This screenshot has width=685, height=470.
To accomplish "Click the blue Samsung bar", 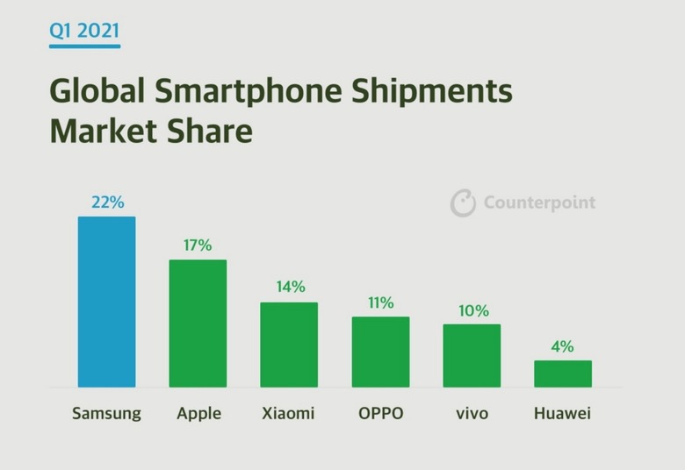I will (106, 302).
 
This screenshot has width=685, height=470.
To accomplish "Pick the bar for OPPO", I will (380, 352).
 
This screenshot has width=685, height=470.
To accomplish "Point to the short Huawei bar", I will (563, 374).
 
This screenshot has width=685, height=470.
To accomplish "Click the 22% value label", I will (107, 203).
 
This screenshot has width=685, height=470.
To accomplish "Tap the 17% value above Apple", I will (198, 246).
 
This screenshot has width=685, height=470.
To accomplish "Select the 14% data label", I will (289, 287).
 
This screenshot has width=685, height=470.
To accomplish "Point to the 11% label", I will (380, 303).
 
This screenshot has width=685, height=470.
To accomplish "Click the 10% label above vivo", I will (472, 310).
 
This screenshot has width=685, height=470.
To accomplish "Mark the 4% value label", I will (563, 346).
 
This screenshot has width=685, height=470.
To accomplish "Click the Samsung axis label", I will (106, 413).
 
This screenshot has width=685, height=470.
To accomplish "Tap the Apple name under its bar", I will (198, 414).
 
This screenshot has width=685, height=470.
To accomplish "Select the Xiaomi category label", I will (288, 413).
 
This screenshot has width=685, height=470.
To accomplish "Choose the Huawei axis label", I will (562, 413).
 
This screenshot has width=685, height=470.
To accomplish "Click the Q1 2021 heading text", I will (85, 32).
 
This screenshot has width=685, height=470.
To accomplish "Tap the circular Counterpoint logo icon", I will (463, 203).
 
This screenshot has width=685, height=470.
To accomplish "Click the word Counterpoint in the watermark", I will (539, 203).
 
